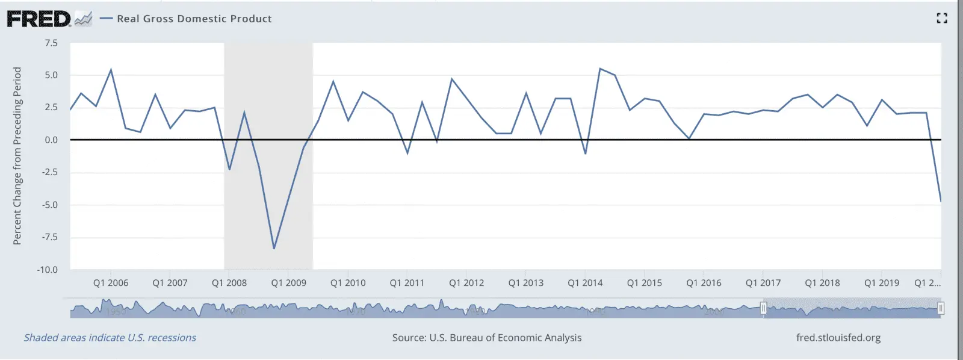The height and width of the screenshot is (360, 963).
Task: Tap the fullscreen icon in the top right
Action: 942,19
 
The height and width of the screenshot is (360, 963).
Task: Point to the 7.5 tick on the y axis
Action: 51,43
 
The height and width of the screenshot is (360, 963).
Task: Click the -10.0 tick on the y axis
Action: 48,270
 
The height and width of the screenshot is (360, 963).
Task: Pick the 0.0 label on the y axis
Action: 51,140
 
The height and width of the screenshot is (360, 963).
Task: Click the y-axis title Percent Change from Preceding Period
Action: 17,155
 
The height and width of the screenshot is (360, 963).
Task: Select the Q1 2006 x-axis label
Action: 111,283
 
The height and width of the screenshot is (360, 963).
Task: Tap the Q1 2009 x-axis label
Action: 288,283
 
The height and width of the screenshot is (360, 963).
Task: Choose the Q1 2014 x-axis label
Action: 585,283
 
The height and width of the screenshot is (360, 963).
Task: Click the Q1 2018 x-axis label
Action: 822,283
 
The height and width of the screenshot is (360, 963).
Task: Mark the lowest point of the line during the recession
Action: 274,248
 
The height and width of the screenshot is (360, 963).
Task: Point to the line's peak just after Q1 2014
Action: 600,69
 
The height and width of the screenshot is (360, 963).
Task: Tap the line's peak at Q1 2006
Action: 111,70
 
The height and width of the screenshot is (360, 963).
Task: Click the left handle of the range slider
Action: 763,309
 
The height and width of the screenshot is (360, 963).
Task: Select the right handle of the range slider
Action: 941,309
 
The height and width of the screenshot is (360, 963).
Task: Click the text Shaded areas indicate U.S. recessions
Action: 110,338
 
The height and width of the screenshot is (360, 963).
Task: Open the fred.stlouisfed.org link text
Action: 838,338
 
